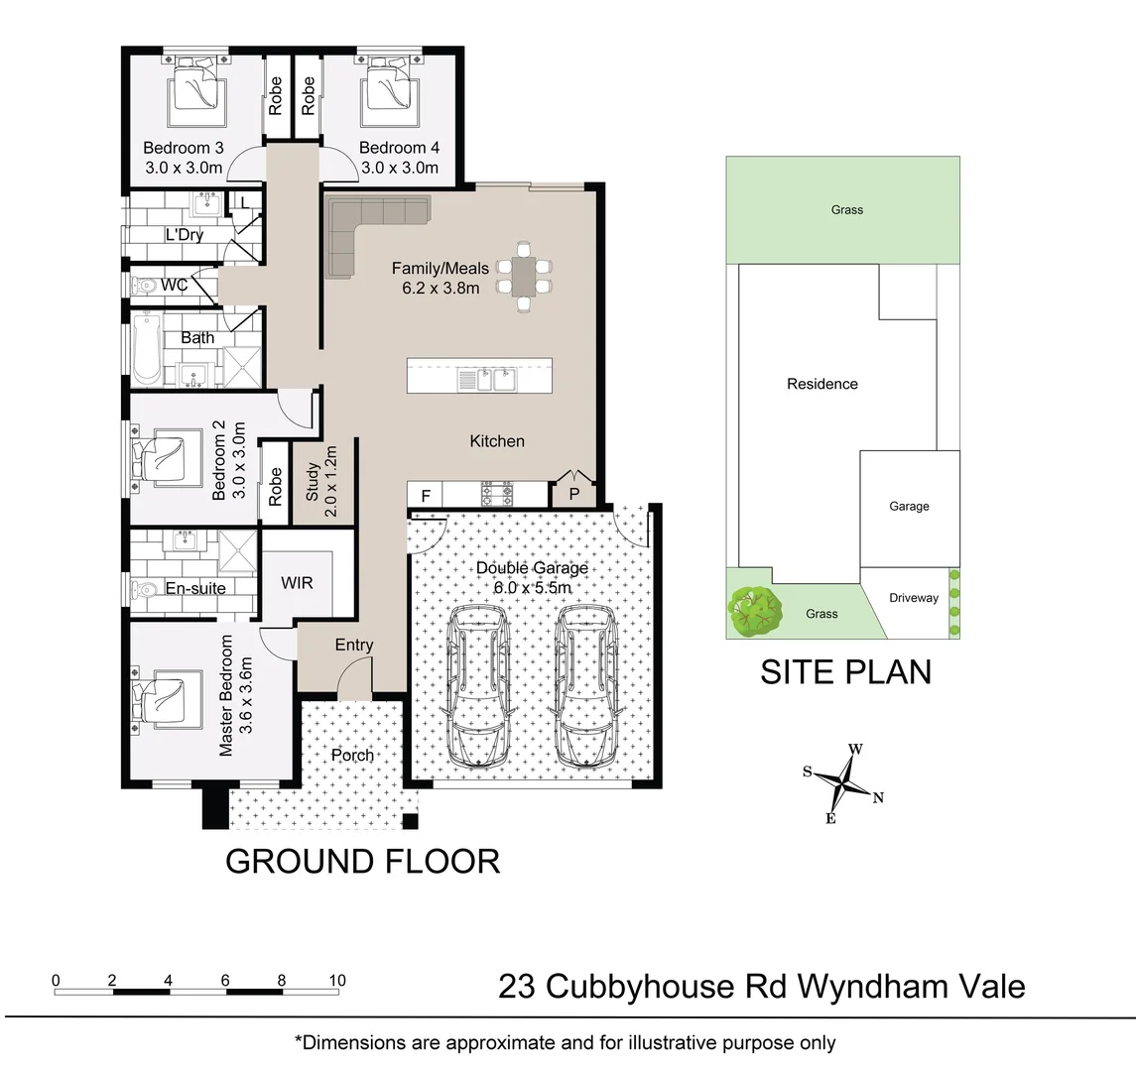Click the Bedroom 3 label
point(184,149)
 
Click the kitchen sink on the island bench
point(487,379)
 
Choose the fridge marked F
point(426,495)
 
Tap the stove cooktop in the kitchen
point(496,493)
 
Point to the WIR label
point(297,582)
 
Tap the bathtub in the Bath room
point(147,349)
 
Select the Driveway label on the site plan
point(913,598)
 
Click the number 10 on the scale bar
point(337,981)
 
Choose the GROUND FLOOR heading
point(362,861)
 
